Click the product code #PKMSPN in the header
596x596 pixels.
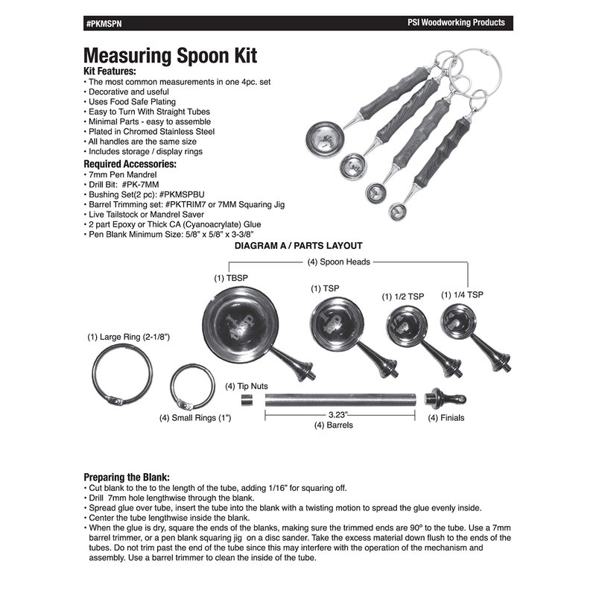tap(102, 22)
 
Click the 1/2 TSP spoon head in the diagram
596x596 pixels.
tap(402, 325)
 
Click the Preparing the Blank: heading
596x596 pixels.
tap(127, 476)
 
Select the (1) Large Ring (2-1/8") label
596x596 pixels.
tap(128, 337)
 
